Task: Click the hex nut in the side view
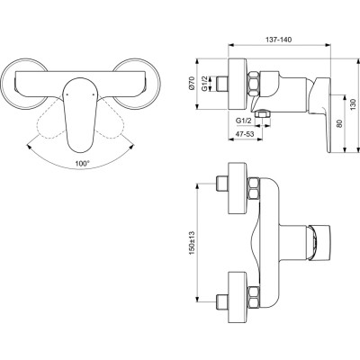pyautogui.click(x=258, y=83)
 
